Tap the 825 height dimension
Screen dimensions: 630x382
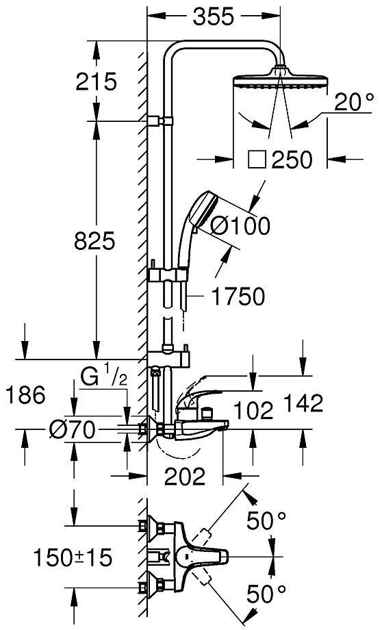[94, 241]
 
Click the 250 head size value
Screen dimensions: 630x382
[291, 160]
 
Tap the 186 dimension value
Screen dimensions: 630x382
[25, 395]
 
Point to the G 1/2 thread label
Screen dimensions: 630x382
[103, 377]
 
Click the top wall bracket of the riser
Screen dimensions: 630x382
[160, 121]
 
